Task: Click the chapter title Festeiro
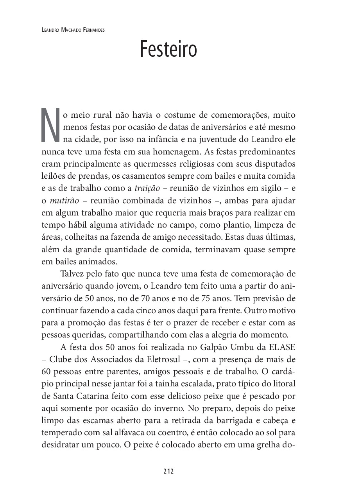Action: click(x=168, y=49)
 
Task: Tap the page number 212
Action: click(x=168, y=471)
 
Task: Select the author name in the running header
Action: click(x=73, y=30)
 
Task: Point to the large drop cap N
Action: click(x=50, y=124)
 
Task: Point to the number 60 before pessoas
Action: click(x=46, y=372)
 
